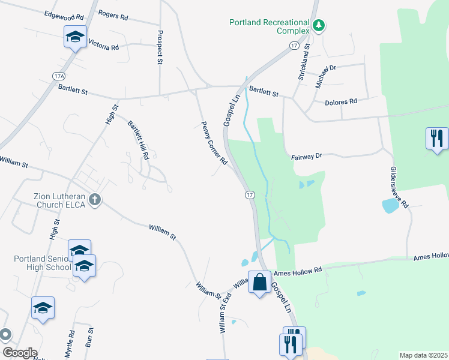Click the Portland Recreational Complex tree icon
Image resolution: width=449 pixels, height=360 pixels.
click(320, 25)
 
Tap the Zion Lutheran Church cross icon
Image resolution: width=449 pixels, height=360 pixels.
click(94, 200)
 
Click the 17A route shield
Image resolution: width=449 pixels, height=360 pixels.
click(58, 76)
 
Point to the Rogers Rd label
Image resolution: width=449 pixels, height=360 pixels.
click(113, 15)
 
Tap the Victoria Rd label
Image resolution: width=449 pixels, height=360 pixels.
click(103, 45)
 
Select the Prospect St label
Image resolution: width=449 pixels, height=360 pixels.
click(160, 47)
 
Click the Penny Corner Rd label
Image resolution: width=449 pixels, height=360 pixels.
click(214, 143)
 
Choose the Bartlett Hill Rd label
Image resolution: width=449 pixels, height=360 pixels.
click(138, 140)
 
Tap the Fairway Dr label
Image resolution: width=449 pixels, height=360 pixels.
click(307, 155)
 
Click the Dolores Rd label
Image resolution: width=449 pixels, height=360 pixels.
click(340, 101)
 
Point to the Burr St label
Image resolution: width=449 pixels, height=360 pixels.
click(91, 338)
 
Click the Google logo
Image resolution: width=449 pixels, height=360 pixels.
click(20, 353)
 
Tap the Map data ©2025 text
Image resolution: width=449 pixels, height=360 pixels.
click(423, 355)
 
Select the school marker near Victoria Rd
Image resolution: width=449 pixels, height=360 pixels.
click(75, 37)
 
